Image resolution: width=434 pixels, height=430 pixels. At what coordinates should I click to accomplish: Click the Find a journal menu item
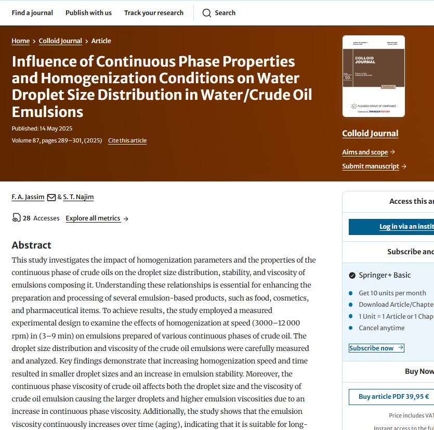pos(32,12)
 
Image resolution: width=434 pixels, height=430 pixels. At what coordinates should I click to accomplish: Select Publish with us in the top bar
pos(88,12)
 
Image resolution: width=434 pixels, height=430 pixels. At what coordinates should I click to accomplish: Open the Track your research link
pos(153,12)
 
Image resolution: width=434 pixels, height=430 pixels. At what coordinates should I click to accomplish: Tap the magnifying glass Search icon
pos(207,13)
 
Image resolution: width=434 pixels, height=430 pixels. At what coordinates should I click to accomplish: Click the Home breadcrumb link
pos(21,41)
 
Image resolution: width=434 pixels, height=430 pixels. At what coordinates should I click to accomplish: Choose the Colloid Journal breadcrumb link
pos(60,41)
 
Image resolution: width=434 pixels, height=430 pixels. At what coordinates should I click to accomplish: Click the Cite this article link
pos(127,140)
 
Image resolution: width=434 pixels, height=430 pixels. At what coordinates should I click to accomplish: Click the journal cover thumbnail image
pos(373,76)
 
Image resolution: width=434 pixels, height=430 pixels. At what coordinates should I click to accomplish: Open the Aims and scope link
pos(365,152)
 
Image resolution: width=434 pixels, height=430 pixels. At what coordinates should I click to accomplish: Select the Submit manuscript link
pos(371,166)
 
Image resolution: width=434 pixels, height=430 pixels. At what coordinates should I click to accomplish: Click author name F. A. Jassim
pos(28,197)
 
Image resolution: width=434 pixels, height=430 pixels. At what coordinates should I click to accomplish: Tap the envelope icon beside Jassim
pos(51,198)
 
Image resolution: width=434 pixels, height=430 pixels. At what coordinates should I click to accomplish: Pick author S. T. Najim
pos(78,197)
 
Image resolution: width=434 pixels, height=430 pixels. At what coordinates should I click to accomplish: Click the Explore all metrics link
pos(93,218)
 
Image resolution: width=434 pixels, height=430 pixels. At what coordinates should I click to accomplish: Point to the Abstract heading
pos(32,245)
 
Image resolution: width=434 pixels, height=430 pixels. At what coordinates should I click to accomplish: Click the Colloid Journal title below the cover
pos(370,134)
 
